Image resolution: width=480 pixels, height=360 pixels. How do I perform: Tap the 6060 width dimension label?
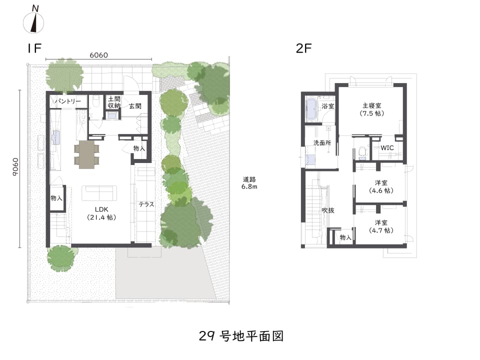(x=99, y=55)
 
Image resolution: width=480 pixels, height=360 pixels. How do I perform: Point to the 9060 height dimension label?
(x=15, y=167)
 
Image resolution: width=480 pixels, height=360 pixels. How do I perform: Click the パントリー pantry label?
(x=68, y=101)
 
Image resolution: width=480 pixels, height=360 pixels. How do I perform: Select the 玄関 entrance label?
(x=135, y=106)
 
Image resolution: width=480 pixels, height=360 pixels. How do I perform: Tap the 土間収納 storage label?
(x=114, y=102)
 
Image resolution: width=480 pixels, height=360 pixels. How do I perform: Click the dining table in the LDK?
(x=87, y=154)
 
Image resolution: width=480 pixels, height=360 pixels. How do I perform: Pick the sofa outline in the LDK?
(x=99, y=193)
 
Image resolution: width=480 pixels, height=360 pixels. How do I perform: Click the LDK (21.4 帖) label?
(x=101, y=213)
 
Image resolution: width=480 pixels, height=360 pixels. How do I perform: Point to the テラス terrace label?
(x=146, y=204)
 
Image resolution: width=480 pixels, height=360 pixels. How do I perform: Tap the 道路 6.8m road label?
(x=249, y=183)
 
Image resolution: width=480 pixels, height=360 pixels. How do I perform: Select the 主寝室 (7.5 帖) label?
(x=372, y=109)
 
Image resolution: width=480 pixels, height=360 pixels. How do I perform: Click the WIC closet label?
(x=387, y=148)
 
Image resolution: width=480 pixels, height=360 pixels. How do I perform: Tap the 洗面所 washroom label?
(x=322, y=142)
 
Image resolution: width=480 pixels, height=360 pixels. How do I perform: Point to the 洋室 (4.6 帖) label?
(x=381, y=186)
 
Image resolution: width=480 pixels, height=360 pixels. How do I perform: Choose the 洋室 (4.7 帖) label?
(x=381, y=226)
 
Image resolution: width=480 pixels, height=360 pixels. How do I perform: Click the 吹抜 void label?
(x=328, y=210)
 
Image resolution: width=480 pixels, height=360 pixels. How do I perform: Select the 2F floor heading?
(x=303, y=48)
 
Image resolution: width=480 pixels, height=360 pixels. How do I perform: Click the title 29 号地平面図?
(x=241, y=336)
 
